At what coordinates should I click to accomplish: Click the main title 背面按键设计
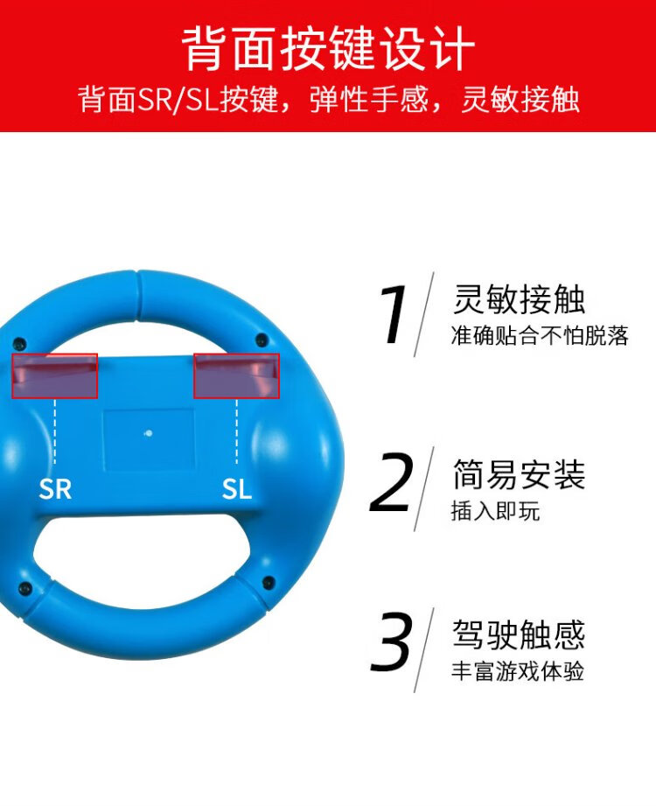coord(328,48)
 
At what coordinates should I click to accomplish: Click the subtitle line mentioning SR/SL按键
coord(328,99)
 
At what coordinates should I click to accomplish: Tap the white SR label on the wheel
coord(55,488)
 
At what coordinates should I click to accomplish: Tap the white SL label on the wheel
coord(236,488)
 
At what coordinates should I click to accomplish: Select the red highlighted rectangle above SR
coord(54,375)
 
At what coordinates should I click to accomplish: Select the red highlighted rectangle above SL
coord(236,375)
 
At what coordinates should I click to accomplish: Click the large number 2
coord(391,482)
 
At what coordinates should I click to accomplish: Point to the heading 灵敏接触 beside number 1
coord(519,300)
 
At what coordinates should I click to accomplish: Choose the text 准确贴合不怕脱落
coord(540,336)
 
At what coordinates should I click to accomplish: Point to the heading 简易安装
coord(519,475)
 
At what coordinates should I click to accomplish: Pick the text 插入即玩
coord(496,511)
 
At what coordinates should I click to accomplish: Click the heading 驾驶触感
coord(519,635)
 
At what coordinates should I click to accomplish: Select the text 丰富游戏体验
coord(518,672)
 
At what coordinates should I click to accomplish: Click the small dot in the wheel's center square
coord(149,433)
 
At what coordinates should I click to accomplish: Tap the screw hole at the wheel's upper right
coord(260,340)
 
